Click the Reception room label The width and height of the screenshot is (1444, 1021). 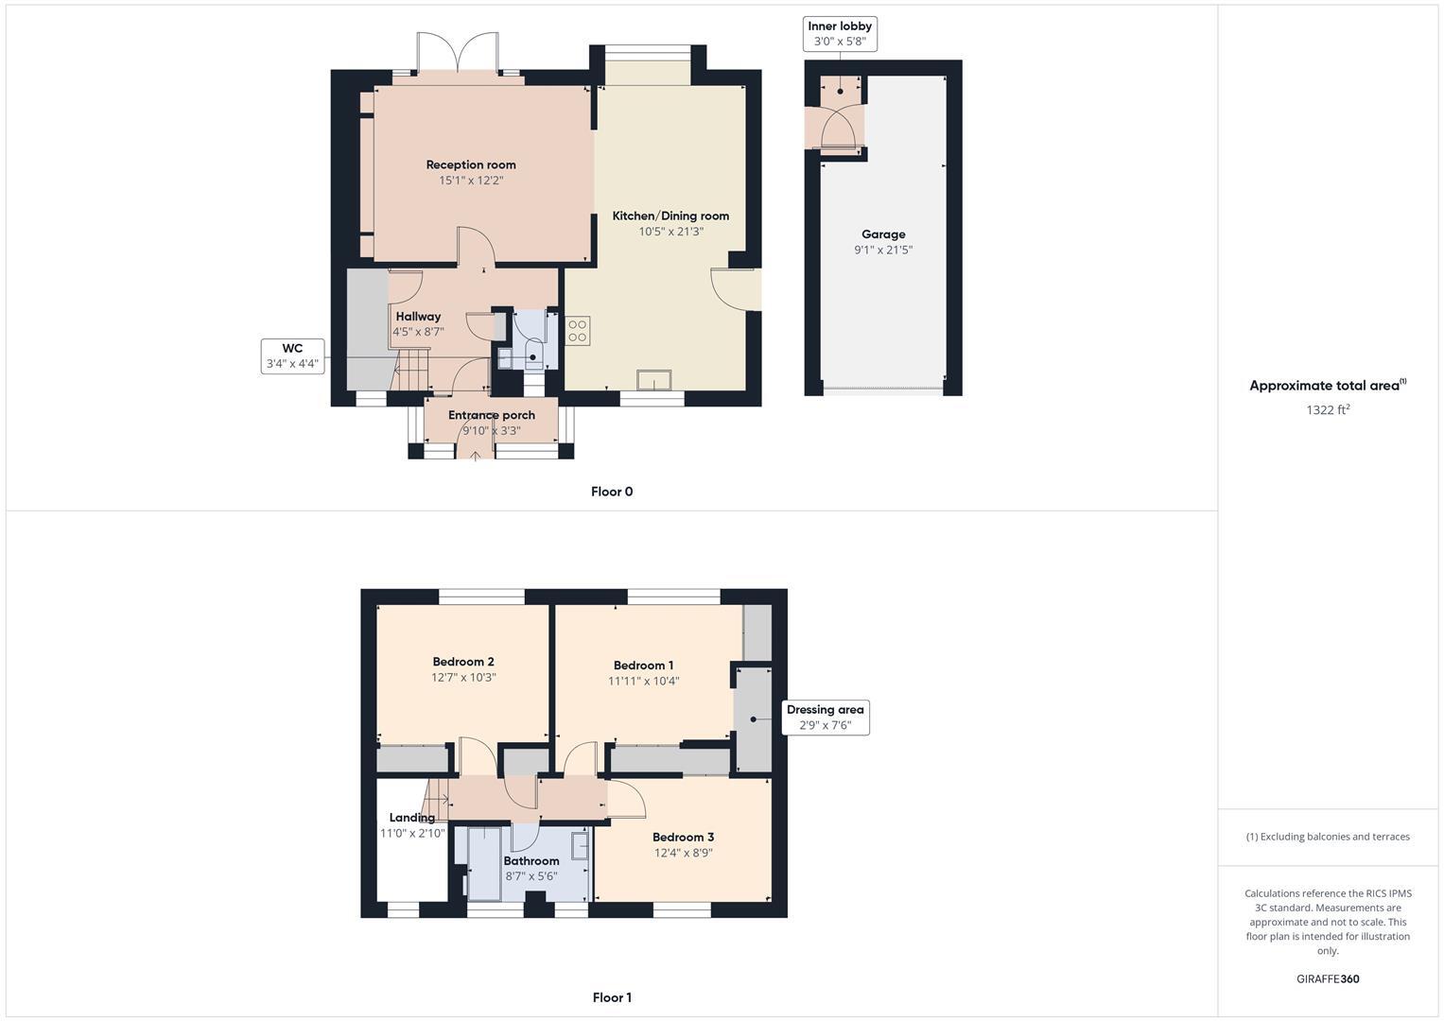click(x=470, y=164)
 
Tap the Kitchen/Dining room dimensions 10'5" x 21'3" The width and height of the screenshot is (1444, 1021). click(x=670, y=232)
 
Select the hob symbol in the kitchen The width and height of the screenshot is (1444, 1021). click(x=577, y=331)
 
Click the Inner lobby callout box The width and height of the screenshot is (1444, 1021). click(x=840, y=34)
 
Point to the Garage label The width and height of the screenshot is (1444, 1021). click(x=883, y=234)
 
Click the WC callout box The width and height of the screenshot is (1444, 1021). click(x=292, y=355)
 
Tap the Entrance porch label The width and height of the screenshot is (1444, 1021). click(x=491, y=415)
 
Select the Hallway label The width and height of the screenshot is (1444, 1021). click(x=418, y=317)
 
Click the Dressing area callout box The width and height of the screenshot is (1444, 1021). click(x=825, y=718)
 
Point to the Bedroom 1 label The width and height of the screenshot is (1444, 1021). click(x=643, y=666)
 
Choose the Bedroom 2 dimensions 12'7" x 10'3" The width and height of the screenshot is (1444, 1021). click(x=463, y=678)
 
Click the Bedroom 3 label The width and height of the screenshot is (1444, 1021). click(x=683, y=837)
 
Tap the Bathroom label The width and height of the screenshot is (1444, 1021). click(x=531, y=860)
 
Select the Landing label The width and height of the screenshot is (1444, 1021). click(x=412, y=818)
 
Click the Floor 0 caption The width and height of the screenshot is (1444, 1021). click(x=612, y=492)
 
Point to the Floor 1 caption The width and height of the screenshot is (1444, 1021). click(x=612, y=997)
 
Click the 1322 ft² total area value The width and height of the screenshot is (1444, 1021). click(x=1328, y=410)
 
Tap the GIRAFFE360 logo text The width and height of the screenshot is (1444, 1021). click(x=1328, y=979)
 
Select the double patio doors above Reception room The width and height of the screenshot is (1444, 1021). click(x=458, y=53)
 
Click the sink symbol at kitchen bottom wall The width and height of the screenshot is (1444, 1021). click(x=654, y=380)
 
